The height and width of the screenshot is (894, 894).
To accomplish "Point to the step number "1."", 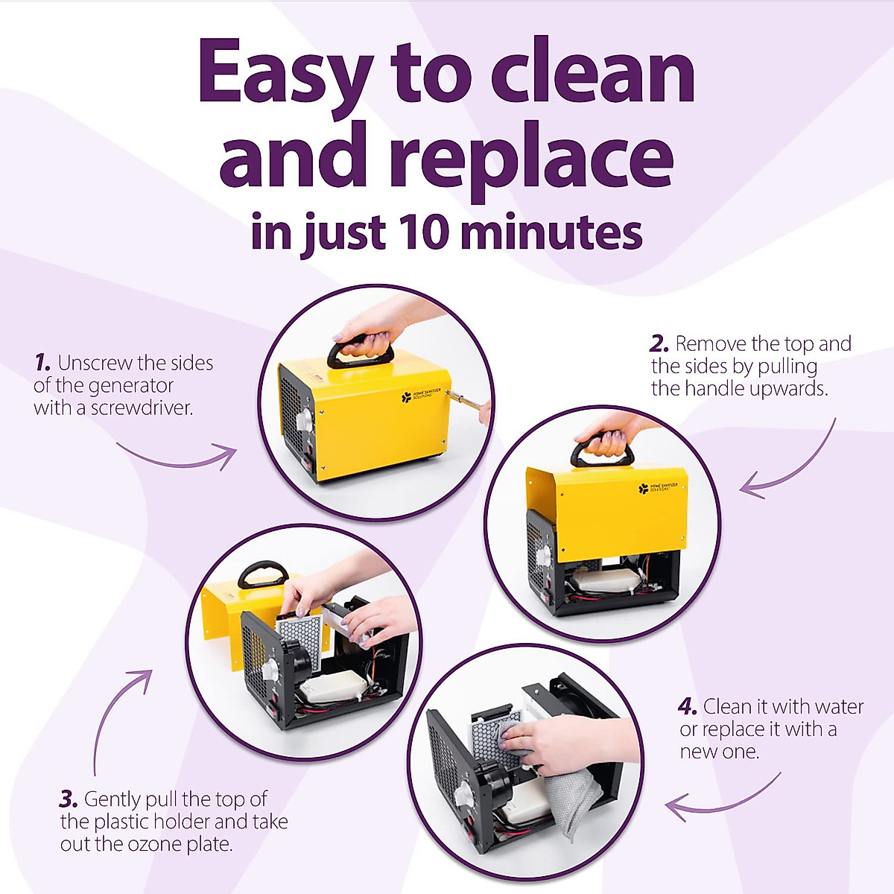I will pyautogui.click(x=42, y=364).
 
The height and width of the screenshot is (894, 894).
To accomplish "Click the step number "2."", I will pyautogui.click(x=659, y=344).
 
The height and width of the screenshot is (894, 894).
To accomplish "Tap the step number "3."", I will pyautogui.click(x=69, y=800).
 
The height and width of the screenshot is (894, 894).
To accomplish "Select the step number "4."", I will pyautogui.click(x=688, y=707).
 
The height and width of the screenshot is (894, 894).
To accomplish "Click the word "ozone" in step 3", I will pyautogui.click(x=133, y=845).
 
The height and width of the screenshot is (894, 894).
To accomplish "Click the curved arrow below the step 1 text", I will pyautogui.click(x=179, y=457).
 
